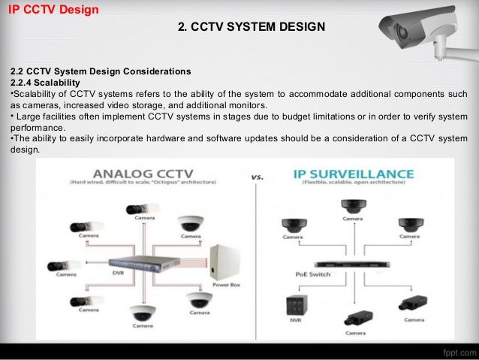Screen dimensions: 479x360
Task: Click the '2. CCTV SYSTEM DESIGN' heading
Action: pyautogui.click(x=251, y=27)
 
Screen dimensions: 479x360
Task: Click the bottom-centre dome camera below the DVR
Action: pyautogui.click(x=140, y=313)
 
